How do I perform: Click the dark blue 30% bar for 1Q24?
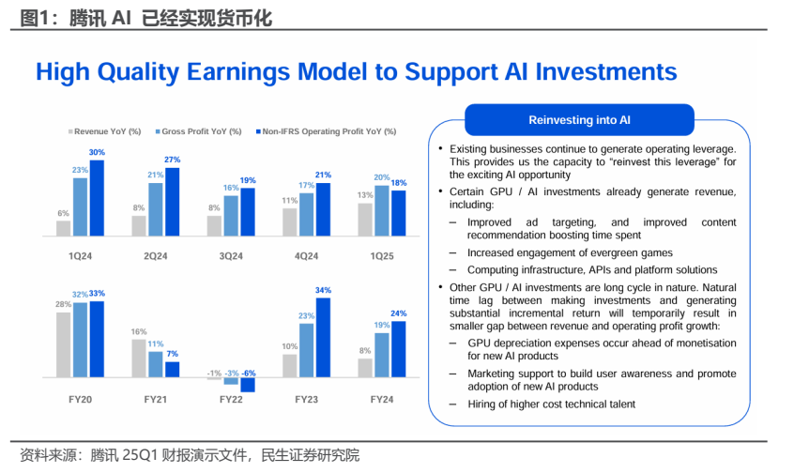click(97, 198)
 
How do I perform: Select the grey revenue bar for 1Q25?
click(365, 220)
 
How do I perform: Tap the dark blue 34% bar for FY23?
click(323, 337)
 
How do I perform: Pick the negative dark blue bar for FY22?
click(248, 385)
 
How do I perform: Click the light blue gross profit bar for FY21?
click(156, 365)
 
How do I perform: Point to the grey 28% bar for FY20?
click(63, 344)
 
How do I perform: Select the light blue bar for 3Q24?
click(231, 216)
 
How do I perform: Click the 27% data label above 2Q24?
click(172, 160)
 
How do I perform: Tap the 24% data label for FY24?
click(399, 313)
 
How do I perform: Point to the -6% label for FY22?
click(249, 374)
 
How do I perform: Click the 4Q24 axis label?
click(306, 256)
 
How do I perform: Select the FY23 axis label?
click(306, 400)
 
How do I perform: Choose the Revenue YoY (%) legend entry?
click(105, 131)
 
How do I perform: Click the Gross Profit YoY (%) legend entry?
click(199, 131)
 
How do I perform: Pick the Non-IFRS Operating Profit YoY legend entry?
click(326, 131)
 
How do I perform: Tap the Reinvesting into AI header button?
click(579, 120)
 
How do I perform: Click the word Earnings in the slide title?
click(238, 72)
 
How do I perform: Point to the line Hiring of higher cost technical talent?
click(551, 404)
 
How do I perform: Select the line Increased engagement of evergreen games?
click(570, 252)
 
